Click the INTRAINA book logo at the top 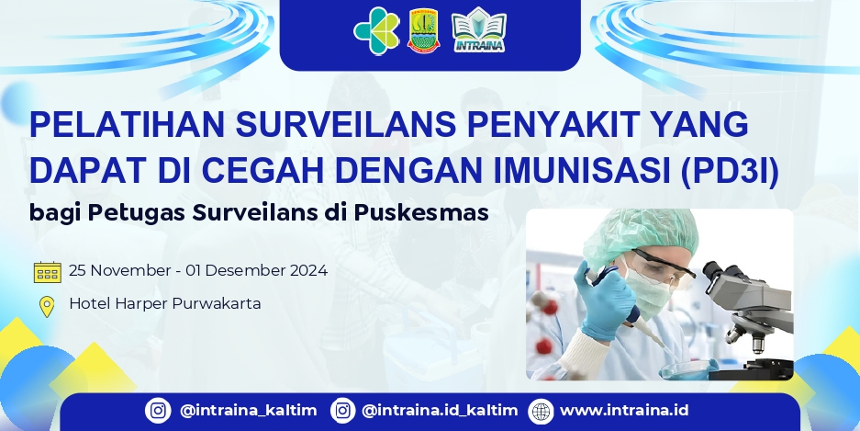[479, 30]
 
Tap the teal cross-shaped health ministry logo [376, 30]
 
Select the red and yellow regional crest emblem [423, 31]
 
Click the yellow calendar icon [47, 272]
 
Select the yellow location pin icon [47, 306]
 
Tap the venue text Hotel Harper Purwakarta [165, 303]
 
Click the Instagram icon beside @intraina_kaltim [159, 411]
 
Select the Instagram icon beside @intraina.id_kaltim [342, 411]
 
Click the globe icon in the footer [542, 411]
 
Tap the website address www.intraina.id [623, 411]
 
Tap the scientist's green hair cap [633, 231]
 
